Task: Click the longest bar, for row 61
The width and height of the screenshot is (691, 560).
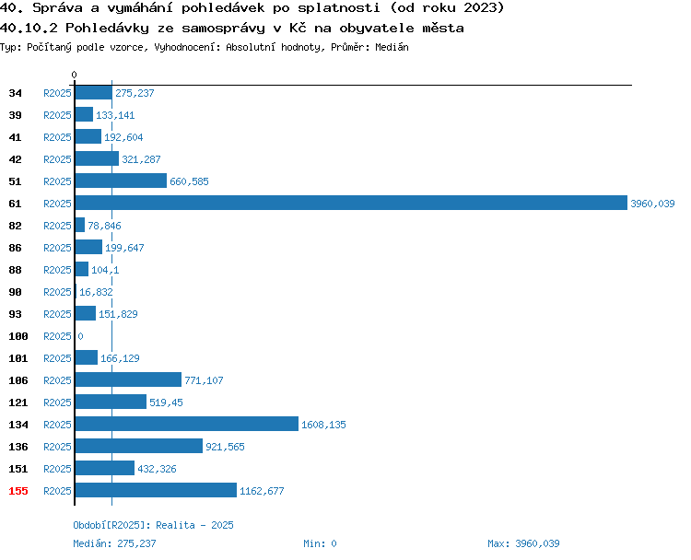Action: (351, 204)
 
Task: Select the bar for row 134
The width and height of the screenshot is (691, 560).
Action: (187, 424)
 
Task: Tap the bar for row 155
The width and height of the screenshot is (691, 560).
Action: (156, 490)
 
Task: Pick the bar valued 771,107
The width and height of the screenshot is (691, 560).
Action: (128, 379)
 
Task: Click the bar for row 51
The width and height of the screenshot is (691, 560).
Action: (121, 181)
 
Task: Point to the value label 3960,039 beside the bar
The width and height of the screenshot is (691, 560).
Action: (652, 204)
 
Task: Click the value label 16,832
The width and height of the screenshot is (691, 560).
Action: (96, 292)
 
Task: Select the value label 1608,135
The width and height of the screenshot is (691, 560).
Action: (323, 425)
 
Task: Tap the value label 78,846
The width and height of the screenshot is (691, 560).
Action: (104, 226)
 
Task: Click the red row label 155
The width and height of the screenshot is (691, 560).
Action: (18, 491)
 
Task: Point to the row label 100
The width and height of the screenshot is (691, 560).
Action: (18, 336)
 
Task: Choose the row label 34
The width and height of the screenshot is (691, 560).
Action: (15, 93)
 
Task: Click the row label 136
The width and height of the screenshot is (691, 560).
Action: (18, 447)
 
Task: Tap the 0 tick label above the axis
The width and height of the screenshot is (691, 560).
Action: (74, 75)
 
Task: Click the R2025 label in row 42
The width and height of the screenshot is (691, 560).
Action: (57, 159)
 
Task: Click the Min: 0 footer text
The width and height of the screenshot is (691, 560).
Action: (320, 543)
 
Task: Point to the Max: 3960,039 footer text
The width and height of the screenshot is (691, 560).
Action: (523, 543)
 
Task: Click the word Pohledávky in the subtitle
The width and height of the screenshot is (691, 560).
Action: (107, 29)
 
